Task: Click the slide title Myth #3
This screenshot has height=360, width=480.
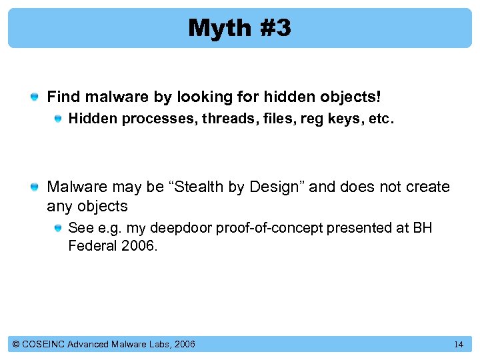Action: pyautogui.click(x=239, y=28)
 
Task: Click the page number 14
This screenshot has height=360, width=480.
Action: pyautogui.click(x=458, y=345)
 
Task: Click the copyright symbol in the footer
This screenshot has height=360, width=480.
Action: pyautogui.click(x=17, y=344)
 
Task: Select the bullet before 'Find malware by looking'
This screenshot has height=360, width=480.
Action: pyautogui.click(x=33, y=98)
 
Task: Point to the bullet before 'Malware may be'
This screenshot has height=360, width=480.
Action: pyautogui.click(x=33, y=188)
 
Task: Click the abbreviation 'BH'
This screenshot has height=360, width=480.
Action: pyautogui.click(x=423, y=228)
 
